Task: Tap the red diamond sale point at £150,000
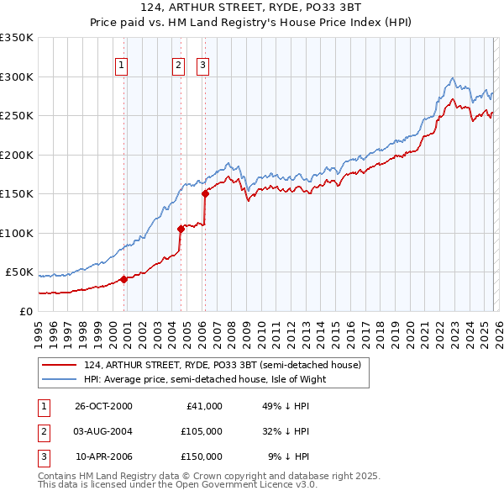pos(205,194)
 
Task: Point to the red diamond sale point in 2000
pos(124,279)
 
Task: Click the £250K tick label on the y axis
pos(17,116)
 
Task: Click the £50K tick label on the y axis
pos(19,272)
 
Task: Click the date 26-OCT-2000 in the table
pos(103,405)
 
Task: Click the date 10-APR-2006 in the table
pos(103,456)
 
